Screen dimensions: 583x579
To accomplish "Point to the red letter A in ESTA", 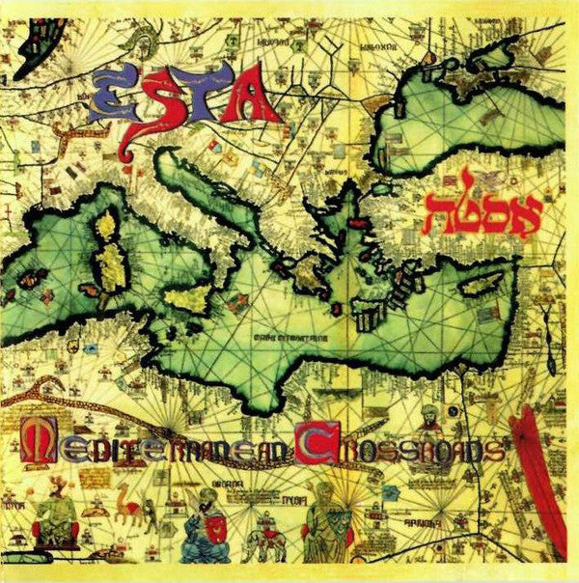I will [x=255, y=97].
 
